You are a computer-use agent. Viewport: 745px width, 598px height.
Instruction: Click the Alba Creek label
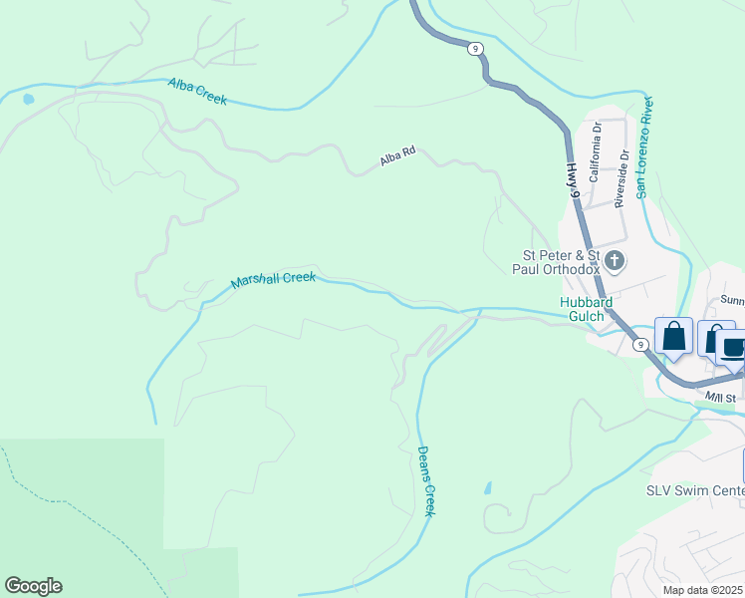(x=197, y=92)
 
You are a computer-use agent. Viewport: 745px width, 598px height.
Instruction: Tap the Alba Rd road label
(x=395, y=158)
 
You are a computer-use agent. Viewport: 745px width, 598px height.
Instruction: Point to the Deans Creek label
(x=426, y=480)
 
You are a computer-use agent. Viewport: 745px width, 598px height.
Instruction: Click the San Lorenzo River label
(x=645, y=148)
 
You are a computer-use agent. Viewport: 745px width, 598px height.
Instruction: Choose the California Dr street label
(x=596, y=150)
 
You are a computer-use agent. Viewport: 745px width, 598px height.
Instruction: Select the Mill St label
(x=720, y=398)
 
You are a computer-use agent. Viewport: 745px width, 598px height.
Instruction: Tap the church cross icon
(x=616, y=261)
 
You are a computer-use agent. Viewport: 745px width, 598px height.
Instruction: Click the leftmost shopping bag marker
(x=673, y=336)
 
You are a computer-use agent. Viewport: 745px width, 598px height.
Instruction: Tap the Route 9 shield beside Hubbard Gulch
(x=640, y=345)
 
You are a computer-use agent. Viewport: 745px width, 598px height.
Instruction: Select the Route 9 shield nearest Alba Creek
(x=476, y=48)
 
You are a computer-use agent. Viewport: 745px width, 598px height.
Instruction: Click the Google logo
(x=33, y=586)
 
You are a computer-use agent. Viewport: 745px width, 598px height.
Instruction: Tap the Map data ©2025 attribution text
(x=702, y=590)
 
